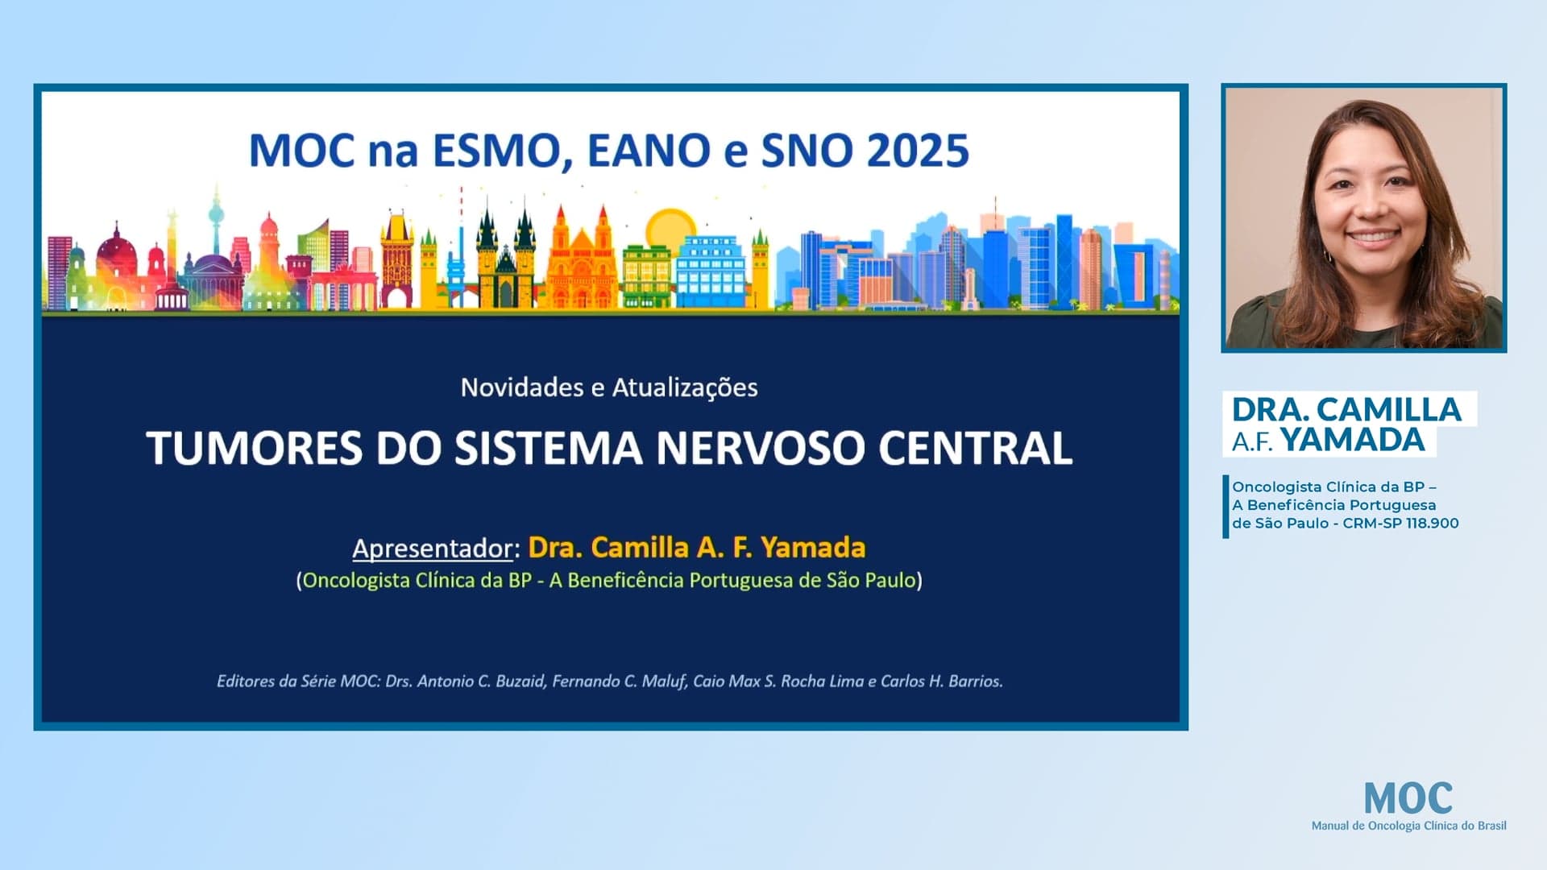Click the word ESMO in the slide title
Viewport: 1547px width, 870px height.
(x=501, y=151)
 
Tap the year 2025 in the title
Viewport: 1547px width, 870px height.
(x=917, y=151)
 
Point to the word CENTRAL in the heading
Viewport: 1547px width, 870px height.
(x=975, y=448)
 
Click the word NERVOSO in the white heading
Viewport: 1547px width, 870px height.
(x=760, y=448)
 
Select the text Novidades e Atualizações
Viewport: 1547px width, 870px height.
(x=609, y=387)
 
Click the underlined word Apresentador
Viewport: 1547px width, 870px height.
(x=433, y=549)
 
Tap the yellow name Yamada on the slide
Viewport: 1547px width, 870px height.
(x=813, y=548)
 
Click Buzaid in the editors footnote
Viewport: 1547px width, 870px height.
(x=520, y=681)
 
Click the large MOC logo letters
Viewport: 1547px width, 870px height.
(x=1408, y=798)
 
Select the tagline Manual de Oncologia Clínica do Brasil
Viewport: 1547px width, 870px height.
(x=1408, y=826)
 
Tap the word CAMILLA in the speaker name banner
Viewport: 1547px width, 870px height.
(x=1388, y=410)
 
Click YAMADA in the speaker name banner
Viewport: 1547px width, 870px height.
(x=1353, y=441)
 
